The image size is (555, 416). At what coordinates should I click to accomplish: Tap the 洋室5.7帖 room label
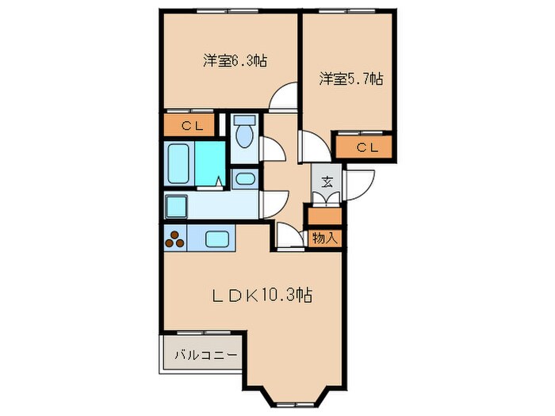pyautogui.click(x=351, y=78)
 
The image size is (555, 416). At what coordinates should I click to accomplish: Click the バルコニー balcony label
pyautogui.click(x=205, y=354)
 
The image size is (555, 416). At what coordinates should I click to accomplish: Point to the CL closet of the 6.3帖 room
pyautogui.click(x=189, y=125)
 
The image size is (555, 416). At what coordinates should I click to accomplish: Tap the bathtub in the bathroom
pyautogui.click(x=180, y=163)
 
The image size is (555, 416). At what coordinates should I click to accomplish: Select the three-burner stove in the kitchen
pyautogui.click(x=176, y=238)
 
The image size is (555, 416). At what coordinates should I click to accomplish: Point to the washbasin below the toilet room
pyautogui.click(x=245, y=179)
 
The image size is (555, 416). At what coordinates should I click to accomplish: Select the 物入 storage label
pyautogui.click(x=325, y=236)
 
